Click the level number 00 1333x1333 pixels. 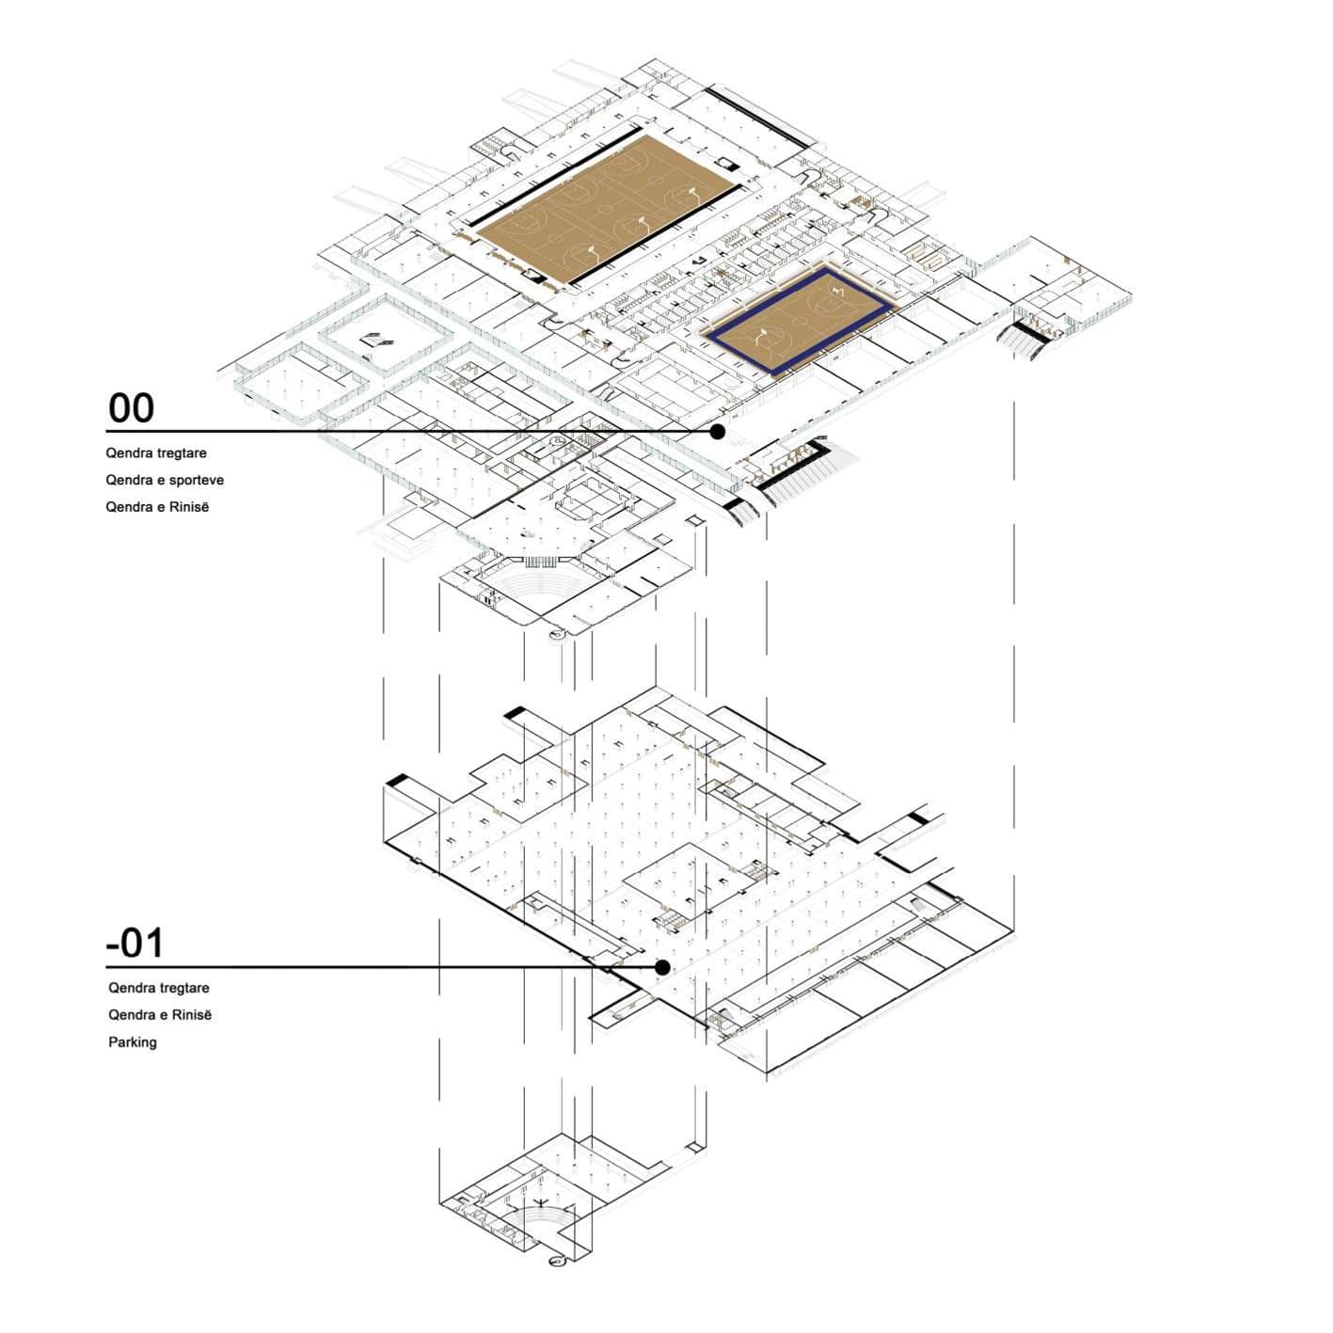[131, 408]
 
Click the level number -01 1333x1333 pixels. [135, 943]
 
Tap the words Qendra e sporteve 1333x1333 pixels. [165, 480]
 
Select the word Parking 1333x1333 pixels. [133, 1042]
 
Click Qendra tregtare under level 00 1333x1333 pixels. [156, 453]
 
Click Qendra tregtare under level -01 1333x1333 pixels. [159, 988]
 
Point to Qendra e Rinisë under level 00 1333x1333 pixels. [157, 507]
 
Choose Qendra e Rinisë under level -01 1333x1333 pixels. [160, 1015]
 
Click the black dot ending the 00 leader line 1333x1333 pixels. [718, 432]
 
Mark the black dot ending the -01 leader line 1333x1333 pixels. [662, 967]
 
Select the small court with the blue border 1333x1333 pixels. [798, 319]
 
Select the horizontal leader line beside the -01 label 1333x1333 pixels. [376, 967]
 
